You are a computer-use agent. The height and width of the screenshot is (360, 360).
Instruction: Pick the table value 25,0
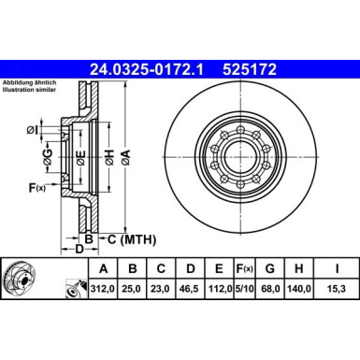[133, 289]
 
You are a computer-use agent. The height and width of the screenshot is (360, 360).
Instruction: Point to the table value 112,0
[217, 289]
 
